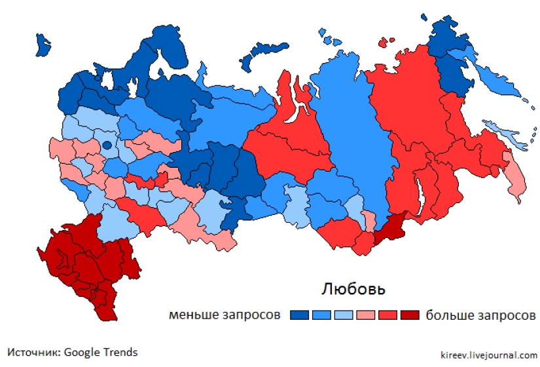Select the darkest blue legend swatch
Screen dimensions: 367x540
299,315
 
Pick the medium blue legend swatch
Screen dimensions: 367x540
321,315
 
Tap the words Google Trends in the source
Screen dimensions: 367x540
101,353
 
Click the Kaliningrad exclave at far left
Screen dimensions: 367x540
43,45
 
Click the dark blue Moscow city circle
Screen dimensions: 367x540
107,145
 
